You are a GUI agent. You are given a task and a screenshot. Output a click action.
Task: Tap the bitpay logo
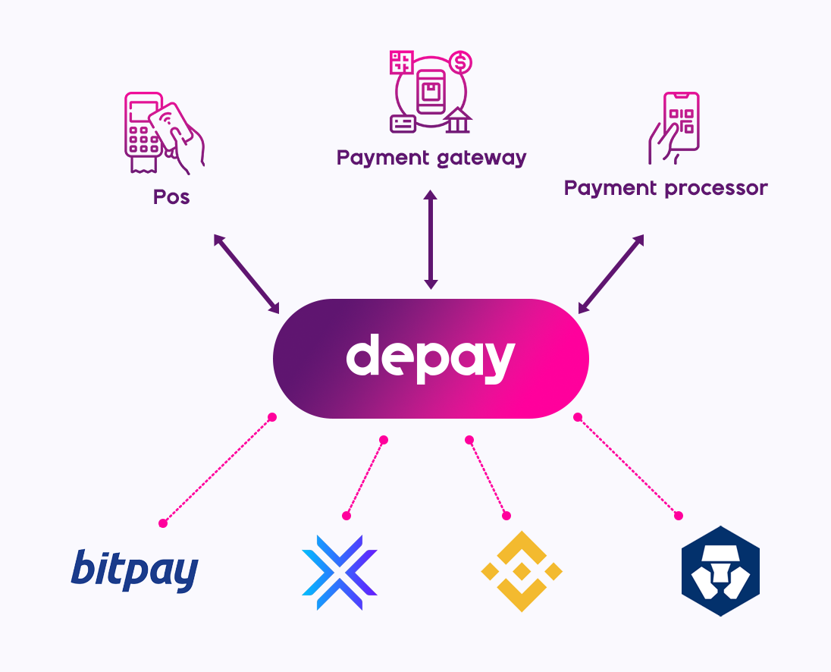click(x=135, y=570)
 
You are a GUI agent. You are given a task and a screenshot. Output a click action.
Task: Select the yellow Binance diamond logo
click(x=522, y=571)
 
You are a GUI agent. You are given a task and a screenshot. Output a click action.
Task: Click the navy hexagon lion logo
click(x=720, y=570)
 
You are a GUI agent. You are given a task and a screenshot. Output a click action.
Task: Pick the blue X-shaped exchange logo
click(x=339, y=571)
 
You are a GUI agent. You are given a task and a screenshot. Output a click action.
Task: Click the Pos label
click(x=171, y=198)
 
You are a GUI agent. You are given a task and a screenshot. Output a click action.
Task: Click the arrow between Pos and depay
click(x=246, y=274)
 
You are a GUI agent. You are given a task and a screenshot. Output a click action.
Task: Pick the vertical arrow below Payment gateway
click(x=431, y=240)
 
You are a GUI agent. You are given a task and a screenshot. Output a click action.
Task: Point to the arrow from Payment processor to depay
click(x=611, y=274)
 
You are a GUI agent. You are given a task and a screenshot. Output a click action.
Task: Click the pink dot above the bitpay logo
click(x=162, y=523)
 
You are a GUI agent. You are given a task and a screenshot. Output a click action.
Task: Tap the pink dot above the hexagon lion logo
click(x=679, y=516)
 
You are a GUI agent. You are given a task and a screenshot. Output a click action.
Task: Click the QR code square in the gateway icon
click(x=401, y=63)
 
